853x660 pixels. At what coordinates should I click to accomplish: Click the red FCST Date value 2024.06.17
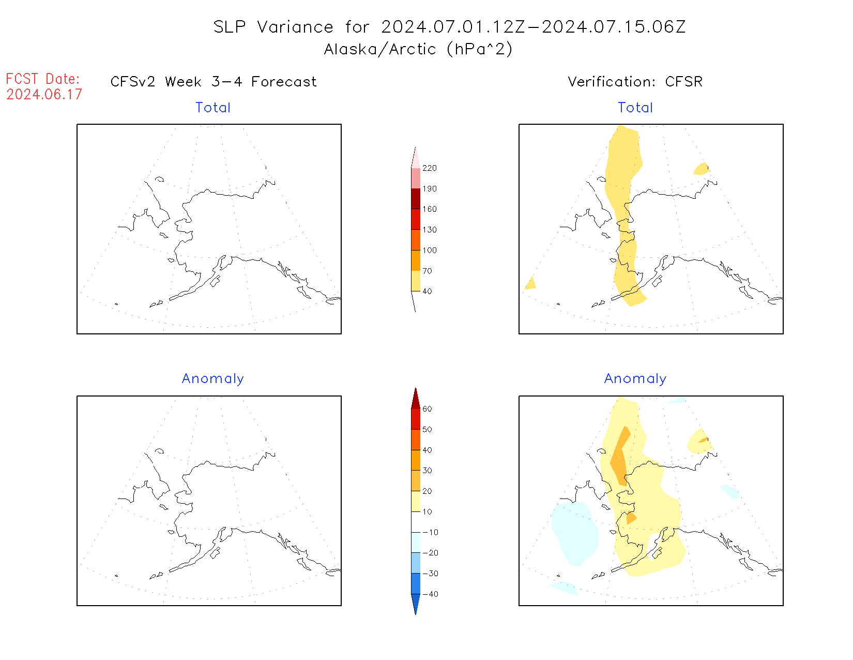[44, 95]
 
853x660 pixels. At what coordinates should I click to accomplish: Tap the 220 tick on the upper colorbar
[429, 168]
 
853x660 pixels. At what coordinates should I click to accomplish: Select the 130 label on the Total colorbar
[429, 230]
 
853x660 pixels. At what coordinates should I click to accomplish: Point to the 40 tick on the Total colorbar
[427, 291]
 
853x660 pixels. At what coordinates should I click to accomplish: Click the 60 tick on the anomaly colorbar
[427, 409]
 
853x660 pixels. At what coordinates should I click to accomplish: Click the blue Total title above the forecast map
[213, 108]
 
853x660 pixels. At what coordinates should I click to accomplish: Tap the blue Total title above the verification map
[635, 108]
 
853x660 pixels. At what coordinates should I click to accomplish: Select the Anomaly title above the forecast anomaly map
[212, 379]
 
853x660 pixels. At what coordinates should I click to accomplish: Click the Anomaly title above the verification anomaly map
[635, 379]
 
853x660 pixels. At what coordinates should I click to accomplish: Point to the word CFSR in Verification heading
[683, 82]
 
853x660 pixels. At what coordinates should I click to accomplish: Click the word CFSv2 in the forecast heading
[133, 82]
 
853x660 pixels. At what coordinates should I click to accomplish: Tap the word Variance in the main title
[295, 27]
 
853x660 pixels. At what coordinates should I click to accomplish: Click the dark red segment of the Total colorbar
[416, 199]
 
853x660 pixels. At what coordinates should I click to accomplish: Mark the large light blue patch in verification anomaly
[575, 533]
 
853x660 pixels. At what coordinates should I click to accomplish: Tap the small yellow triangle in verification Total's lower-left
[530, 283]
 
